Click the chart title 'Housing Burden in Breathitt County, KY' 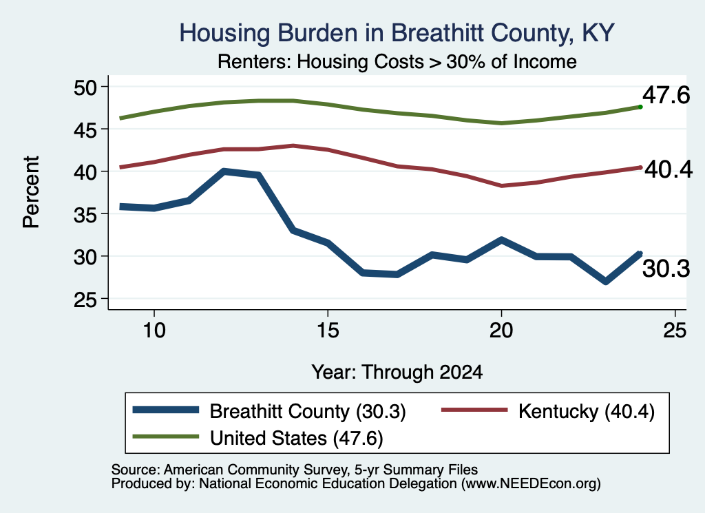pyautogui.click(x=397, y=33)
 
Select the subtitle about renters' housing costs pyautogui.click(x=397, y=61)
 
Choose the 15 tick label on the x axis pyautogui.click(x=328, y=331)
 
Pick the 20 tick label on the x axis pyautogui.click(x=501, y=331)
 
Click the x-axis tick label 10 pyautogui.click(x=154, y=331)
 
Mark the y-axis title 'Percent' pyautogui.click(x=31, y=192)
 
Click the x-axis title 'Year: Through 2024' pyautogui.click(x=397, y=373)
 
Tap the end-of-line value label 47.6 pyautogui.click(x=666, y=95)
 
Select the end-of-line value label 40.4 pyautogui.click(x=669, y=169)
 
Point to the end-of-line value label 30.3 pyautogui.click(x=666, y=269)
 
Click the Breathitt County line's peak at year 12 pyautogui.click(x=224, y=171)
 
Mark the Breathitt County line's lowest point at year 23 pyautogui.click(x=606, y=282)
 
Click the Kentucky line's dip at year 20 pyautogui.click(x=501, y=186)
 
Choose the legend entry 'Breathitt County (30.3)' pyautogui.click(x=269, y=411)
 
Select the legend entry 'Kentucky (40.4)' pyautogui.click(x=548, y=411)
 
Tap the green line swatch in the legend pyautogui.click(x=165, y=437)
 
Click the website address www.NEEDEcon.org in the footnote pyautogui.click(x=530, y=483)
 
